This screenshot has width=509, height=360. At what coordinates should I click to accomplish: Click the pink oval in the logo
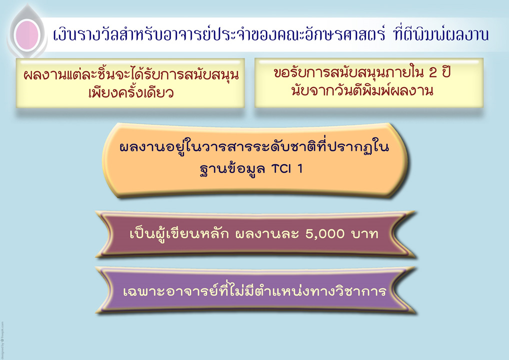tap(27, 34)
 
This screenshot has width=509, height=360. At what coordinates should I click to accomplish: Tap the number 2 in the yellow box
tap(432, 72)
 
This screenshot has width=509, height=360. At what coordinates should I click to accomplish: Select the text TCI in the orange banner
tap(281, 169)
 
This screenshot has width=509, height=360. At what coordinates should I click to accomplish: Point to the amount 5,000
tap(325, 234)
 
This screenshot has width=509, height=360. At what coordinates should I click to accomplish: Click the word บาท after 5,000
tap(364, 234)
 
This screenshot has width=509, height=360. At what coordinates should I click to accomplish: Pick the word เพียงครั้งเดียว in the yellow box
tap(131, 92)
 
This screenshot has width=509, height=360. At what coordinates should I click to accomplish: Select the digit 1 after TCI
tap(299, 169)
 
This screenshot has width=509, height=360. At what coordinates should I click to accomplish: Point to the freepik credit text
tap(2, 340)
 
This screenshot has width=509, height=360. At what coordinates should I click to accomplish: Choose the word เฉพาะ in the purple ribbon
tap(144, 291)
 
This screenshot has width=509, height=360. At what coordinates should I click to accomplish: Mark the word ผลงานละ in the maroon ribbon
tap(267, 234)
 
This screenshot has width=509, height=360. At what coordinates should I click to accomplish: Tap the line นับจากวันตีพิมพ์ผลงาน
tap(362, 90)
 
